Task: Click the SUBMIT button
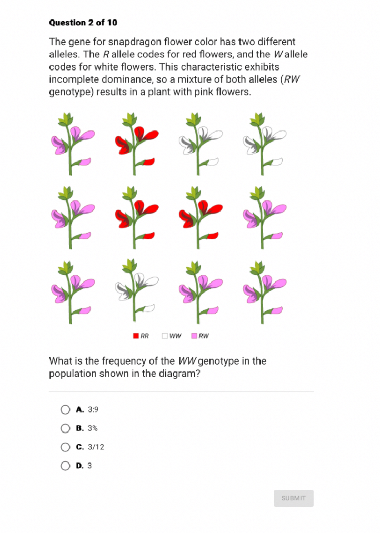pos(293,498)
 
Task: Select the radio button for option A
pos(65,409)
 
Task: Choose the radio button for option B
pos(65,428)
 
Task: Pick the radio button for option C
pos(65,447)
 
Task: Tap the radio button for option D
pos(65,466)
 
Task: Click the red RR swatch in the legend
pos(136,336)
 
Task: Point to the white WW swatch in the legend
pos(165,336)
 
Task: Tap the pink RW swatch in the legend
pos(194,336)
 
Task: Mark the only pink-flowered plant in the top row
pos(72,143)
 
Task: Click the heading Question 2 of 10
pos(83,23)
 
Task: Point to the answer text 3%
pos(93,428)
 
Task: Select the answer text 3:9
pos(93,409)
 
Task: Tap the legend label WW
pos(176,336)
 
